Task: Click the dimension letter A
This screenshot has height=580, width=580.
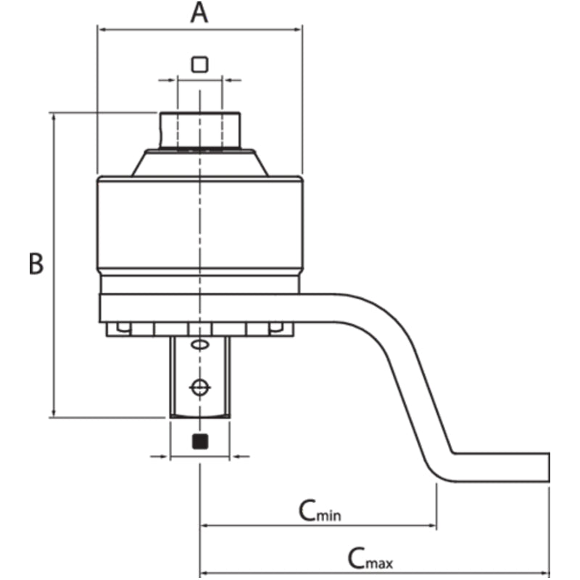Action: pos(199,13)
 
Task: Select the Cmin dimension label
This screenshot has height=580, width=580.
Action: pos(320,510)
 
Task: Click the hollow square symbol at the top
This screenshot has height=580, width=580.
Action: pos(199,65)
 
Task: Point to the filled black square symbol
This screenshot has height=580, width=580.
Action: pos(199,441)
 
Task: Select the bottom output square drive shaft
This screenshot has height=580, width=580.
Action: pos(199,377)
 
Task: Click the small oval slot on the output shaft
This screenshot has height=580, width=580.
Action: pos(200,344)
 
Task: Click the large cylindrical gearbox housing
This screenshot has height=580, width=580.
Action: pos(199,225)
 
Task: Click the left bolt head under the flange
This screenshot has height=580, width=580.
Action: pos(123,328)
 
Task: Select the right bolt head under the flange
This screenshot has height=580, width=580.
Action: pos(275,328)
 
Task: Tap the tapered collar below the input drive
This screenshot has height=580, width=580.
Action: pos(199,163)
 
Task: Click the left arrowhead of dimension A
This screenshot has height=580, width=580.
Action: pos(101,30)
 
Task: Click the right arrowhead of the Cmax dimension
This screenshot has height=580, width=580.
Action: pos(545,570)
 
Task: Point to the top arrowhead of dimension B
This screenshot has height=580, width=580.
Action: pos(53,117)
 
